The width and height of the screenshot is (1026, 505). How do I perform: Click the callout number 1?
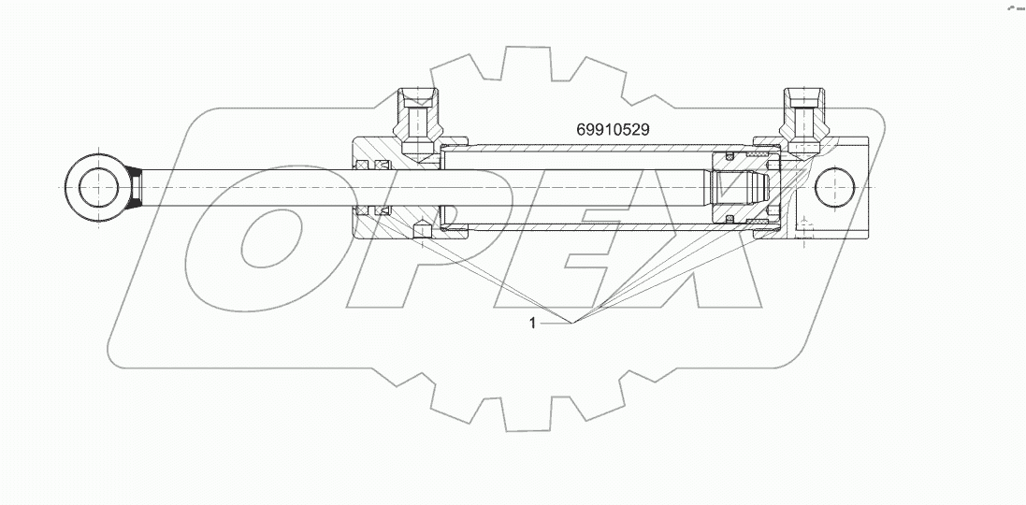532,323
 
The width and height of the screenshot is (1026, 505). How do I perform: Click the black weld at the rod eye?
134,188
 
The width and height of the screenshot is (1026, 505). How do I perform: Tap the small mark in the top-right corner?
1014,7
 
